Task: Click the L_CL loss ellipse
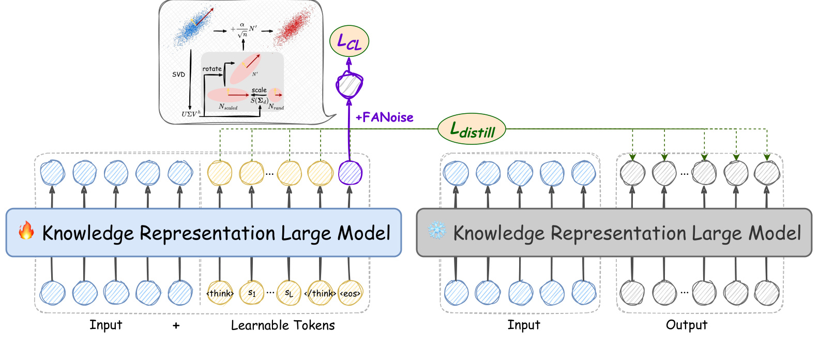point(349,41)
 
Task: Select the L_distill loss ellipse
point(472,129)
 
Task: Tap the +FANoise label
point(384,117)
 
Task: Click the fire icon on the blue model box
point(26,231)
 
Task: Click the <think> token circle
point(220,293)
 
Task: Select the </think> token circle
point(320,293)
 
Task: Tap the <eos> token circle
point(350,293)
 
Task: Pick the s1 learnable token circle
point(252,293)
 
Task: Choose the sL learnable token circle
point(289,293)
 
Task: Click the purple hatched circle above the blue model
point(350,173)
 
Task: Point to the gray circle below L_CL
point(349,85)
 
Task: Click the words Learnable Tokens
point(283,325)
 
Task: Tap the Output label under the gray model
point(686,325)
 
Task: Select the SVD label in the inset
point(178,74)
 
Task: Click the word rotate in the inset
point(212,69)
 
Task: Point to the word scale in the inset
point(259,90)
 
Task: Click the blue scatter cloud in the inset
point(193,26)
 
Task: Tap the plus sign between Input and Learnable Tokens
point(176,325)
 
